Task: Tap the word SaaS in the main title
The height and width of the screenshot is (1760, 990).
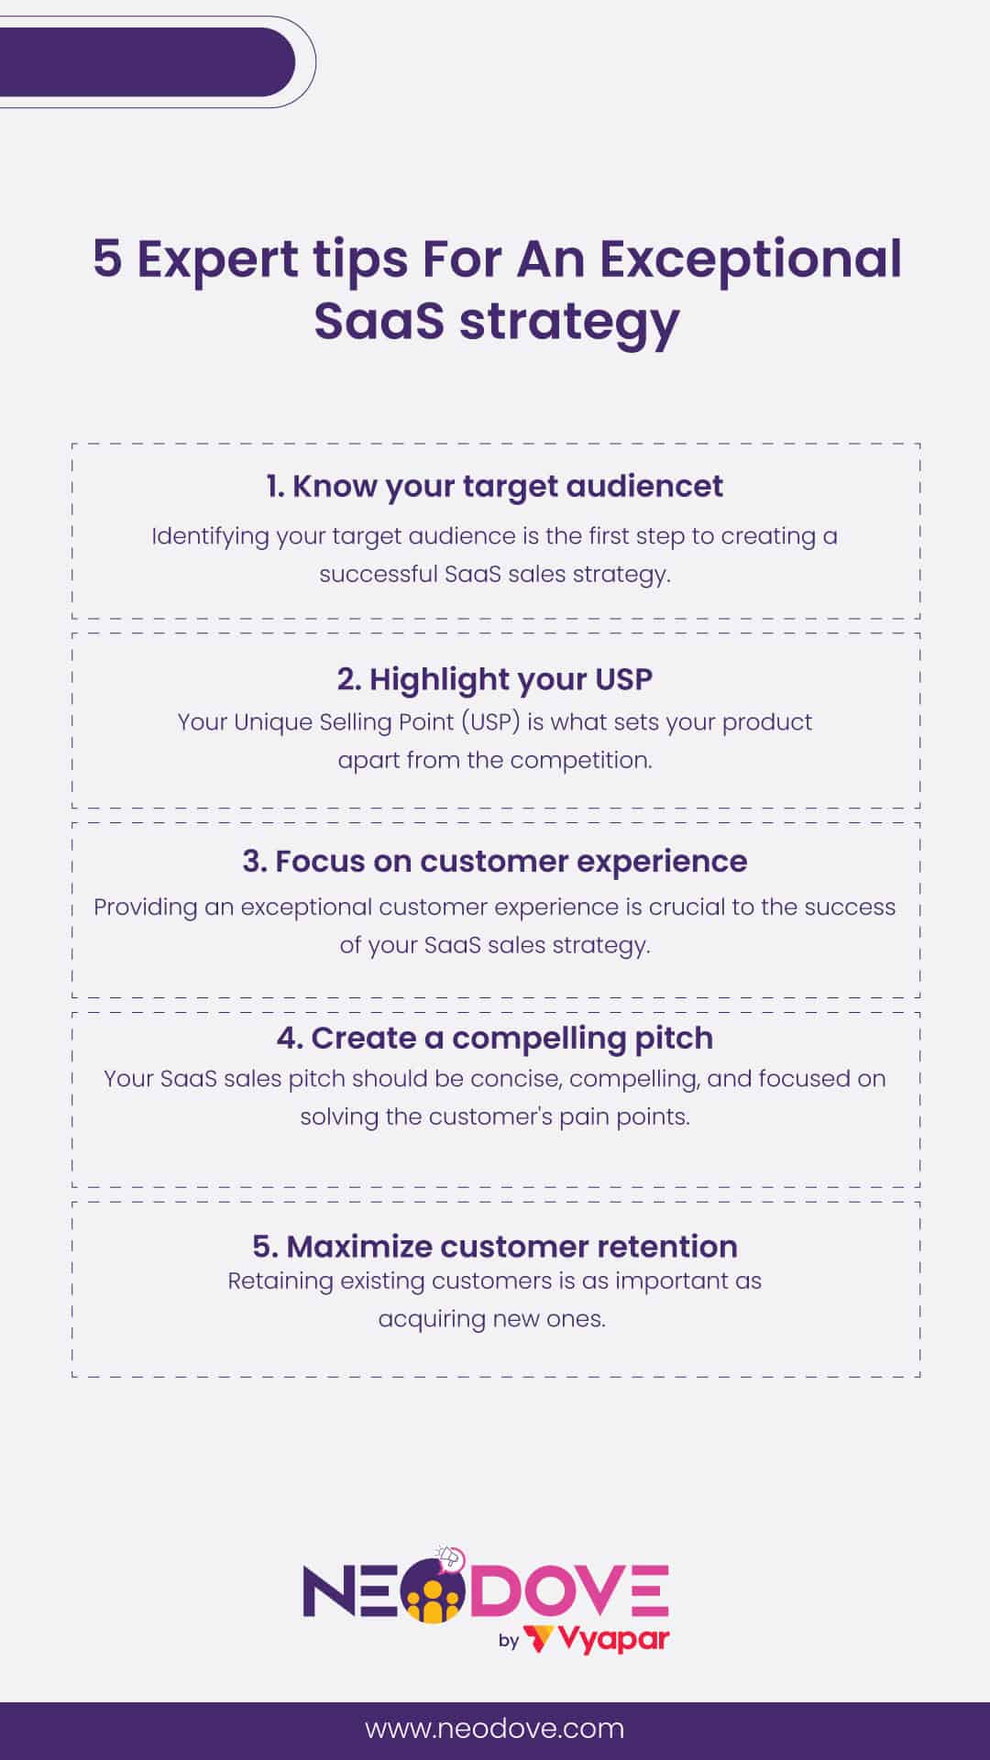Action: click(x=379, y=321)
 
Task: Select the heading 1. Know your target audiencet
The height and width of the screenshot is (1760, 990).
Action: click(x=495, y=486)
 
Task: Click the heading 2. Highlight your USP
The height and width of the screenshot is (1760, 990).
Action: click(x=495, y=679)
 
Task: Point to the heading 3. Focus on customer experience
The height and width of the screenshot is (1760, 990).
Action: click(x=495, y=862)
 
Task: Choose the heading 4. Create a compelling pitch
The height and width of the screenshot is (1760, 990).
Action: click(x=495, y=1038)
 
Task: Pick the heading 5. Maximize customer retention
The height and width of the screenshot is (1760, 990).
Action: click(x=495, y=1247)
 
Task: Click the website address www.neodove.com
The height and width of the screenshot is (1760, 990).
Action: click(x=495, y=1729)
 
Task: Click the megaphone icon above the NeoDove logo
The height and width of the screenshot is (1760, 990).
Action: click(x=449, y=1557)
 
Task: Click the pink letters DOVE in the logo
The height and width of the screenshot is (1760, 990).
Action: click(x=568, y=1593)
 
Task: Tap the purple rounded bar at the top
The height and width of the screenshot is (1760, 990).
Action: click(x=147, y=62)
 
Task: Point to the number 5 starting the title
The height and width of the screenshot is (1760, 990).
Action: click(x=107, y=259)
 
